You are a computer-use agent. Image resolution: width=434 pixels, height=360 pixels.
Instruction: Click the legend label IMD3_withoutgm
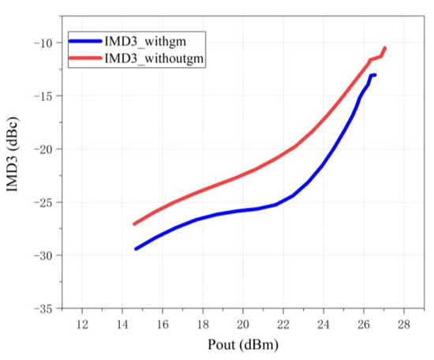click(153, 58)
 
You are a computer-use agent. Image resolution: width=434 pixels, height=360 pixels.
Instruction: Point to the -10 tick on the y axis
click(44, 43)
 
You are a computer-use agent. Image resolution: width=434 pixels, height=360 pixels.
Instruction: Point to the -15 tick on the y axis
click(44, 96)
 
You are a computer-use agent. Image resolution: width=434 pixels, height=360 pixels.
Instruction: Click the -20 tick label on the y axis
click(44, 149)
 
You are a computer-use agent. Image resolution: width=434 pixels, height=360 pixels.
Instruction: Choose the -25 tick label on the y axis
click(44, 202)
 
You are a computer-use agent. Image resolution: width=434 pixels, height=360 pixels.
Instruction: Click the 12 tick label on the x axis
click(82, 324)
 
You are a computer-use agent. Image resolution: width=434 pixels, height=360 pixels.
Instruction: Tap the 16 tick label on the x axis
click(163, 324)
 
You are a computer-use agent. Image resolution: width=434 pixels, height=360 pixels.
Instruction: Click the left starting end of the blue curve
click(136, 249)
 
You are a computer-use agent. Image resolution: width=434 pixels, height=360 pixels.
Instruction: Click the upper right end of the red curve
click(385, 48)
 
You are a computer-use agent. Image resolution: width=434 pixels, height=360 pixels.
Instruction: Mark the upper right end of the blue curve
click(374, 75)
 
